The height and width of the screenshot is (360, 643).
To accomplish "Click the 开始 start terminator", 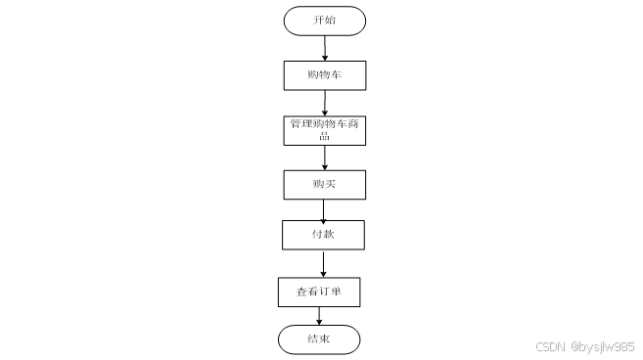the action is click(324, 21).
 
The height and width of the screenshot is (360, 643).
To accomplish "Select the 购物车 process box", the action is click(325, 75).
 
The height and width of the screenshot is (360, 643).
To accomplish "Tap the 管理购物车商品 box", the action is click(324, 131).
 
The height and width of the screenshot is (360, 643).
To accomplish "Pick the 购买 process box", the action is click(324, 185).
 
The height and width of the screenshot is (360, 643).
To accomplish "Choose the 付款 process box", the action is click(323, 235).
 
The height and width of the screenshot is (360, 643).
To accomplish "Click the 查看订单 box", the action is click(319, 292).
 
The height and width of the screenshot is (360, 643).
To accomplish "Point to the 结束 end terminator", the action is click(319, 339).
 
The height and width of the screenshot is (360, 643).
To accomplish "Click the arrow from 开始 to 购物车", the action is click(325, 48).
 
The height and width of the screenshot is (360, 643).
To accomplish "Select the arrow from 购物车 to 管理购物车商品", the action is click(325, 104).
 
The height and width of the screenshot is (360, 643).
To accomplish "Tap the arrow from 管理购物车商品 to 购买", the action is click(325, 157).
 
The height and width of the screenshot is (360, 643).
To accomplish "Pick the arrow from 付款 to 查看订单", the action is click(323, 264).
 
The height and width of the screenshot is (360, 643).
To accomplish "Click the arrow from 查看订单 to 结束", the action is click(319, 316).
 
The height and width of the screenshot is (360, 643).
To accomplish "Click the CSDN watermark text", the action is click(550, 347).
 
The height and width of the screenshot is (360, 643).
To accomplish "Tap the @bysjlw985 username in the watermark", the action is click(603, 347).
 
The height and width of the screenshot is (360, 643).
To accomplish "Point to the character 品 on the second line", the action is click(324, 136).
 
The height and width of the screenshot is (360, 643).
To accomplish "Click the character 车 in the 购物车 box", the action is click(336, 74).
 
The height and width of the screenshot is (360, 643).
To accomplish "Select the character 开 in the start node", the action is click(319, 20).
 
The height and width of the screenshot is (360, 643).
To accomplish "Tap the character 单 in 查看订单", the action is click(336, 292).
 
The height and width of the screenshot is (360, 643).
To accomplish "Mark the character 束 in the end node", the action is click(324, 338).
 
